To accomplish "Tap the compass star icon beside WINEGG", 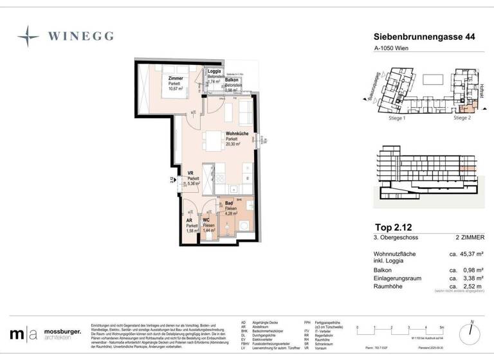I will point(28,35).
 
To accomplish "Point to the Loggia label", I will point(214,72).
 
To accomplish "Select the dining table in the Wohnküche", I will point(212,139).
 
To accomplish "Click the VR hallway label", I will point(190,174).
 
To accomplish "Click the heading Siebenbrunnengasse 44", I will point(424,39).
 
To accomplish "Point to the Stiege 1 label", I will point(397,118).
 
